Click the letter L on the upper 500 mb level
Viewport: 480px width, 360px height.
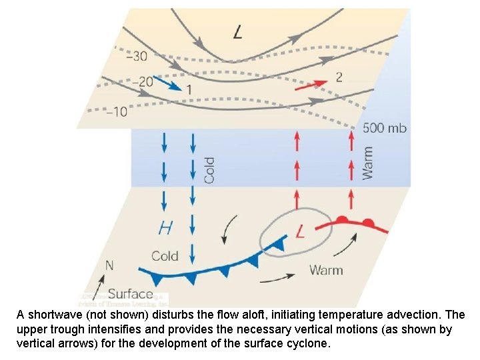point(238,31)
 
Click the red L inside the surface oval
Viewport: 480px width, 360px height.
point(300,232)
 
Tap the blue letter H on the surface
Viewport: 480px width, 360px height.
point(165,228)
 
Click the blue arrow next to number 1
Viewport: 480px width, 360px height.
point(167,81)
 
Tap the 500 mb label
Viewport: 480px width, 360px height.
point(383,127)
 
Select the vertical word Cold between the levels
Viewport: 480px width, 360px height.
point(209,171)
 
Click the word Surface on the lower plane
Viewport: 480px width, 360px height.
point(130,293)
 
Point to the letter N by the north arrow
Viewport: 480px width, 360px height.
point(109,265)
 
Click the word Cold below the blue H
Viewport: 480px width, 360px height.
point(165,256)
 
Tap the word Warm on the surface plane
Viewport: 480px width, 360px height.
point(326,270)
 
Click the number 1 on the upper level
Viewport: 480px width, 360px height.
point(189,89)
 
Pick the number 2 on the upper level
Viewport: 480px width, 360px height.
point(339,77)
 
